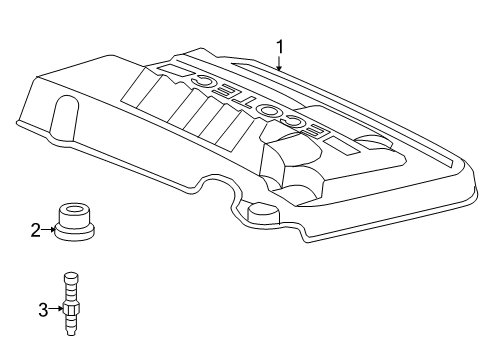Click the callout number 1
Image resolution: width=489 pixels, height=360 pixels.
tap(280, 45)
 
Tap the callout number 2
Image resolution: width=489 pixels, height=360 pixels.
tap(35, 231)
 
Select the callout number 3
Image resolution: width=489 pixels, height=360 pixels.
tap(42, 309)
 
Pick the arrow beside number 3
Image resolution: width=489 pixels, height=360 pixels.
tap(55, 309)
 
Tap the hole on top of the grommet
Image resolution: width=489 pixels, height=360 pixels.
tap(74, 211)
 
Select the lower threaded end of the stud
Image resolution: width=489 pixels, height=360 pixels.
tap(71, 330)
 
